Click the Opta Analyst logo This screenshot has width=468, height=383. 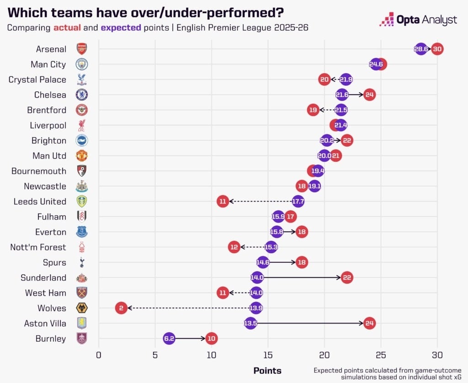[x=418, y=20]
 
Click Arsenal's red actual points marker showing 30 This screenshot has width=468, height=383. [x=437, y=49]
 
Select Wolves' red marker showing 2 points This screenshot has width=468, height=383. [x=121, y=308]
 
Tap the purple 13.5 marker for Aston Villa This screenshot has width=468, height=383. [x=250, y=324]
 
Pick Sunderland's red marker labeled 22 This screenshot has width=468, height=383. [x=347, y=277]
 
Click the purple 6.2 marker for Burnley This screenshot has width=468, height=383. [x=169, y=339]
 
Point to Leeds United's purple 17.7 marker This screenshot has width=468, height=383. [x=298, y=201]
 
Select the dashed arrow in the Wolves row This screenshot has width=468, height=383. [x=187, y=308]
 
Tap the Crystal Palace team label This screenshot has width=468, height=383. [x=37, y=80]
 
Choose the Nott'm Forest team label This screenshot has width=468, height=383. [x=38, y=247]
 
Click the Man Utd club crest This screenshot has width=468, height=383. [x=82, y=156]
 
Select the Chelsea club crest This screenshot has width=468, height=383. [x=82, y=95]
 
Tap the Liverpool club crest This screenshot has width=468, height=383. [x=82, y=125]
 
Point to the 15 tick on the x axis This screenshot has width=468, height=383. [x=268, y=355]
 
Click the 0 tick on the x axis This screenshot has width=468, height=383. [x=98, y=355]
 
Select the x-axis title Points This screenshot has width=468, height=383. [x=267, y=370]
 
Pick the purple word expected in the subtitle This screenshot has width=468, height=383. [x=121, y=27]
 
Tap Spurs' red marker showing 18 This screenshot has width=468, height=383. [x=302, y=262]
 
